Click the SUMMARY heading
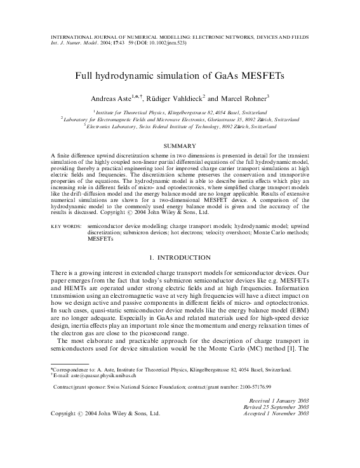pyautogui.click(x=180, y=146)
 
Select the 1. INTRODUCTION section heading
pyautogui.click(x=180, y=258)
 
